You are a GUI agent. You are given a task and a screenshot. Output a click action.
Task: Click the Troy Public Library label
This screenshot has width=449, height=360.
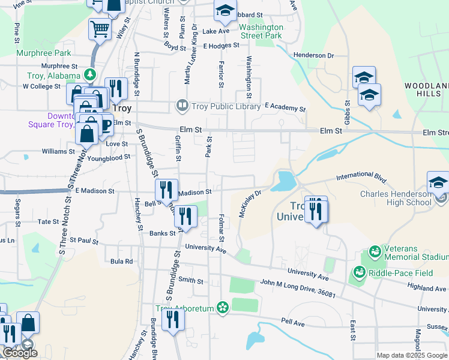(226, 106)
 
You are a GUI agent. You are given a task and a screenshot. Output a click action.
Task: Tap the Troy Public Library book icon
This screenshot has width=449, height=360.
(181, 106)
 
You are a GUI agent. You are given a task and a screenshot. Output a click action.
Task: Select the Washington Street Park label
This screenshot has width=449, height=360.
(261, 31)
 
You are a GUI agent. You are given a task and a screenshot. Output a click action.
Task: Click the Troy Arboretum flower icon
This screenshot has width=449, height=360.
(223, 308)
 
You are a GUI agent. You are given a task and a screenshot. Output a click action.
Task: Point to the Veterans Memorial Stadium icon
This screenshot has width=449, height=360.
(375, 250)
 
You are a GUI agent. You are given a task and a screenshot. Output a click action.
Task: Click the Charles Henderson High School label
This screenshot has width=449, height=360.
(396, 198)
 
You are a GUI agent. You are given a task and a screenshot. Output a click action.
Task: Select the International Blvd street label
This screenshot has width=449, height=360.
(361, 177)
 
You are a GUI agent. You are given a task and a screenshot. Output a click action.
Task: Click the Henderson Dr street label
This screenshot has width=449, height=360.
(313, 55)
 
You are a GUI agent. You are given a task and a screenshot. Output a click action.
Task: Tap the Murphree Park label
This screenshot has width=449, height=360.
(40, 53)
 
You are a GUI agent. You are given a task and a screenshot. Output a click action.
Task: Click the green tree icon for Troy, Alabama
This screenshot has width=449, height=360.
(90, 74)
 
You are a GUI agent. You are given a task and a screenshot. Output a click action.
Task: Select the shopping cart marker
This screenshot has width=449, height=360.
(100, 28)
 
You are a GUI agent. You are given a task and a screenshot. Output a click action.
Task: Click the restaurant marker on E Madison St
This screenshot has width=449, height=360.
(166, 190)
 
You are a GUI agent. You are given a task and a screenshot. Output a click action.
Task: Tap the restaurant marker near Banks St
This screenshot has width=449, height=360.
(185, 217)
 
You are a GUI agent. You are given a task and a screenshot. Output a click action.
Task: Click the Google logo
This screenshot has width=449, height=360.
(20, 353)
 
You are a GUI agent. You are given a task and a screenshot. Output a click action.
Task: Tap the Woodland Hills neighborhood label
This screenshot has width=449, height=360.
(426, 90)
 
